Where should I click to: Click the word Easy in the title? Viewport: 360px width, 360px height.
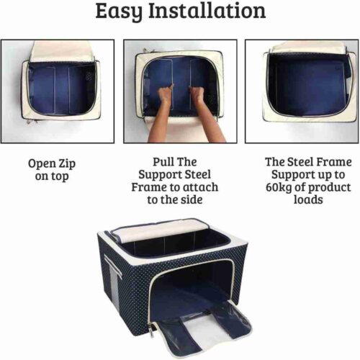click(119, 12)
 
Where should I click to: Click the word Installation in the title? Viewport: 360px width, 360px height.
click(207, 11)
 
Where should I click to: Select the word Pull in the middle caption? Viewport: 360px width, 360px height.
click(163, 162)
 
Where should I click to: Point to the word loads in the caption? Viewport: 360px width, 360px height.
click(308, 199)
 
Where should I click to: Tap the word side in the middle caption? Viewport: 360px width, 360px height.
click(192, 199)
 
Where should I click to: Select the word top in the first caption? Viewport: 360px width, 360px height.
click(60, 177)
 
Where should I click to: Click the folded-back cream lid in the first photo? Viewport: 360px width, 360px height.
click(63, 51)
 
